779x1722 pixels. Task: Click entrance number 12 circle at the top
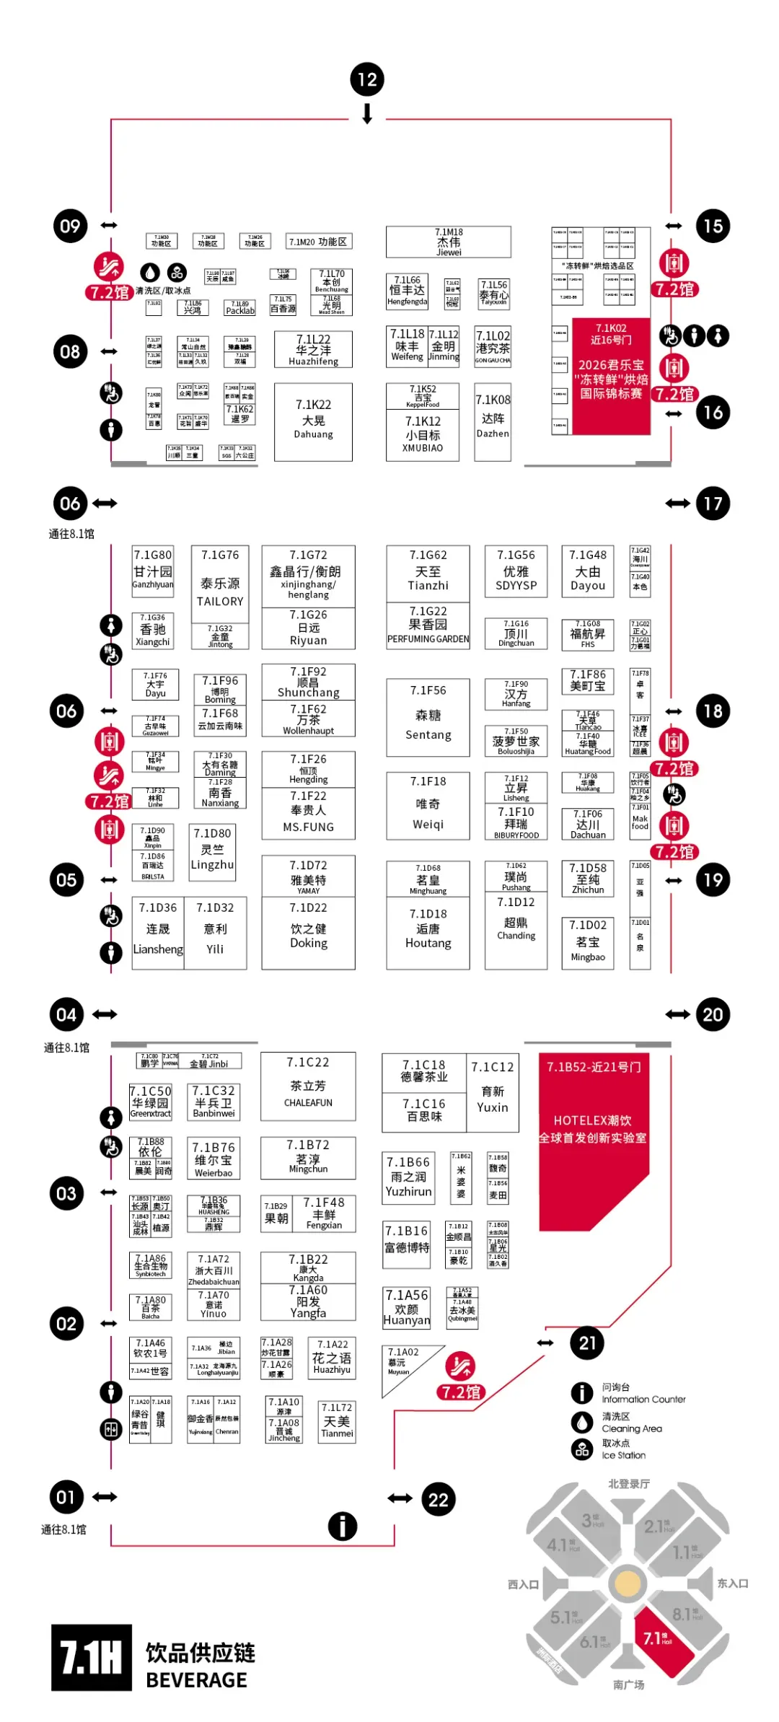(367, 80)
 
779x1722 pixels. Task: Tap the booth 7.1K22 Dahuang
(313, 421)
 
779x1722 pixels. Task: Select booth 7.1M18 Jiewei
(448, 242)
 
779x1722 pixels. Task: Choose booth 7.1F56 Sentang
(428, 717)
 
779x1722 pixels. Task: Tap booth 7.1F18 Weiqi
(428, 805)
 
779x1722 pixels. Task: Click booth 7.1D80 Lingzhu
(212, 851)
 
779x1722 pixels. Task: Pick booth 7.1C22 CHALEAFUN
(308, 1086)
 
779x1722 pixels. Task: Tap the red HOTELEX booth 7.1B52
(593, 1133)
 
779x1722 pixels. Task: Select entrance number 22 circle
(439, 1500)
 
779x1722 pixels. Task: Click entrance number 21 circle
(587, 1343)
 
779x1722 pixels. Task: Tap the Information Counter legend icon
(582, 1393)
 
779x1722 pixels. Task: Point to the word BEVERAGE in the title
(196, 1680)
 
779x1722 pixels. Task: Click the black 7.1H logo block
(92, 1657)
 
